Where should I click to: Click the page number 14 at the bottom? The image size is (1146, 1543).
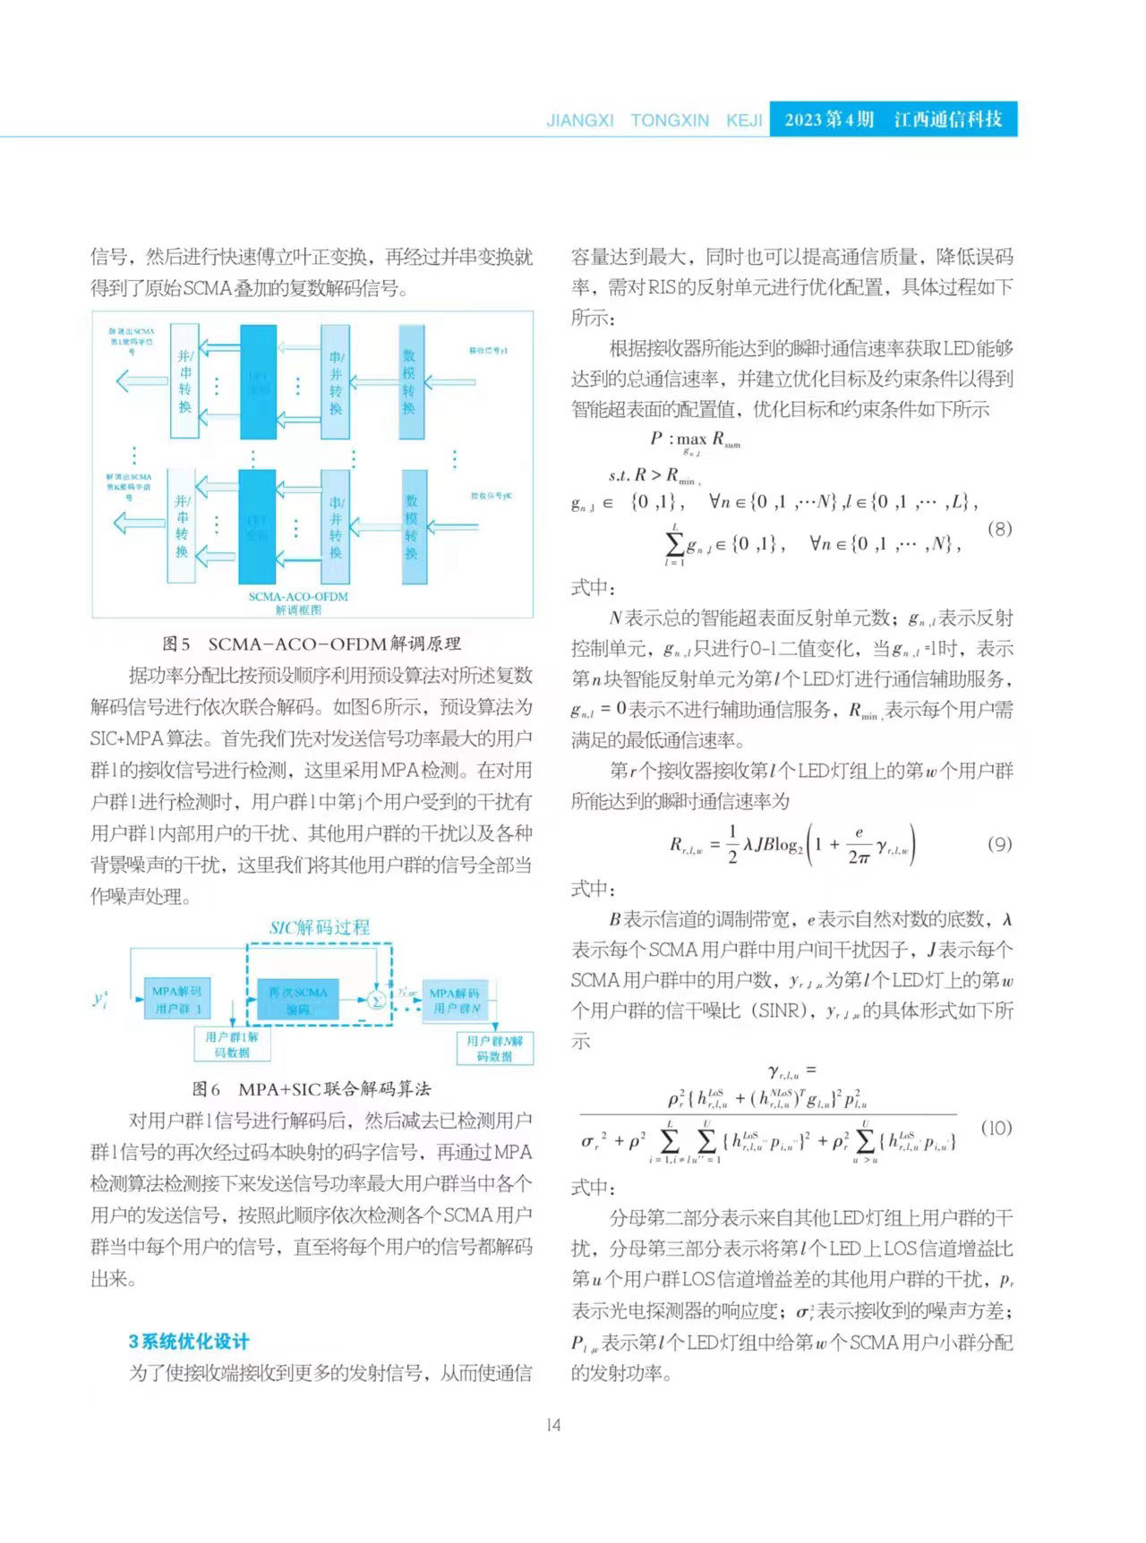[553, 1425]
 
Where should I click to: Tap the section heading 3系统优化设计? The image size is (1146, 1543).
[189, 1341]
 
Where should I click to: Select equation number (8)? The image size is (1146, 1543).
[999, 528]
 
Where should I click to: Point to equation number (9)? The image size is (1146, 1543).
[999, 843]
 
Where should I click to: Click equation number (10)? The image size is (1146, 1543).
[996, 1128]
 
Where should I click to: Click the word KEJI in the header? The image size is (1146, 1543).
[744, 120]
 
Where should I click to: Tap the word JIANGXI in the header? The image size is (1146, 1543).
[580, 120]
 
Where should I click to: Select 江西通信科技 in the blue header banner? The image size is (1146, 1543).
[948, 120]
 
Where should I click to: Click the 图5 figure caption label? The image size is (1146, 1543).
[176, 644]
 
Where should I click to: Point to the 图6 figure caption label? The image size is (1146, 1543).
[206, 1088]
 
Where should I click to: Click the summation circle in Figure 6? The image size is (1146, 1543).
[378, 1000]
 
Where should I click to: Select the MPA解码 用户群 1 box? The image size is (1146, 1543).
[177, 1000]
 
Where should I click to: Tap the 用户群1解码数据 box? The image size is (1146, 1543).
[232, 1044]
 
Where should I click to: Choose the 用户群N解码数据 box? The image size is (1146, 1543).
[494, 1048]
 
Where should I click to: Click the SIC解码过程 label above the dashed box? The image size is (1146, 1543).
[320, 927]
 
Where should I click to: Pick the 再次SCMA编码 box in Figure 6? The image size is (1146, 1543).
[298, 1000]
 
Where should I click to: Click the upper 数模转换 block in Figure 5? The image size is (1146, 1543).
[409, 382]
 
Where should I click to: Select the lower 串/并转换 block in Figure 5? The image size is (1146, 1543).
[336, 527]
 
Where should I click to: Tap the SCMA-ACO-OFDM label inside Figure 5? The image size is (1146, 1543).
[298, 596]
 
